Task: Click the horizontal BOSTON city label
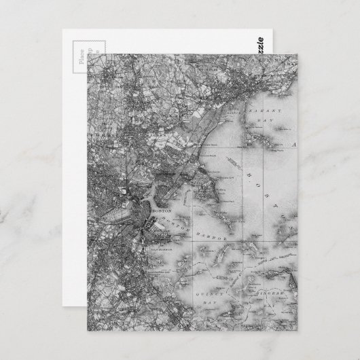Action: coord(163,213)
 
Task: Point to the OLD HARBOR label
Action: coord(158,249)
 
